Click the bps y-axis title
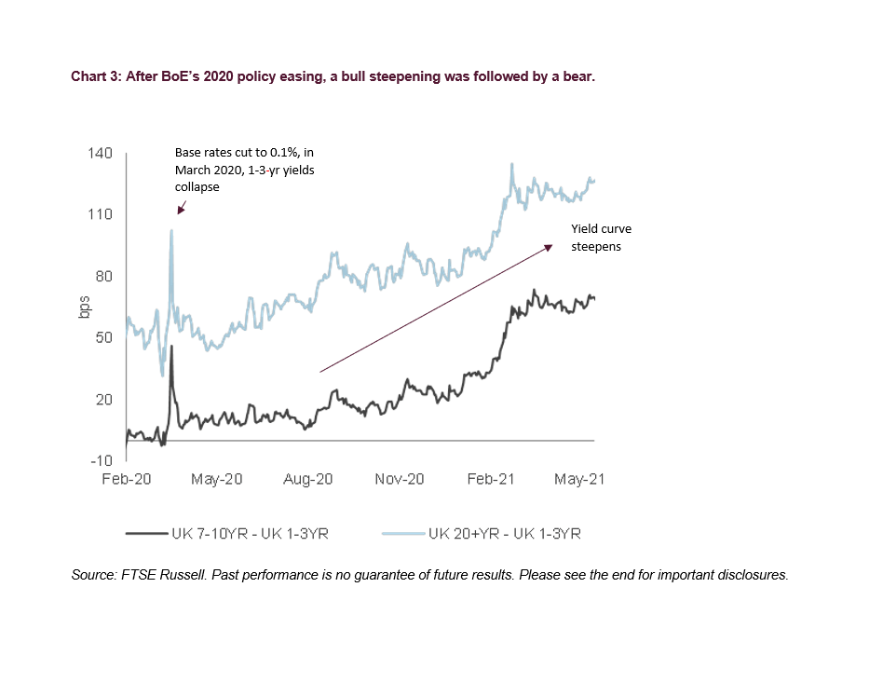click(x=81, y=307)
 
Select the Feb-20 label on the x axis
click(x=126, y=479)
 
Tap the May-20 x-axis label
click(x=217, y=479)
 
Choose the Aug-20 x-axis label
click(x=308, y=479)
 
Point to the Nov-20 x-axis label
click(x=400, y=479)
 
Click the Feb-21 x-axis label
click(x=490, y=479)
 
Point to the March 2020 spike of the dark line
click(x=171, y=347)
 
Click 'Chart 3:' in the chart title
click(x=97, y=76)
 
